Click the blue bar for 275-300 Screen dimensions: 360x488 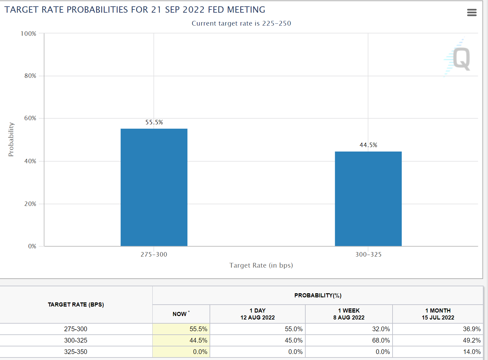point(154,187)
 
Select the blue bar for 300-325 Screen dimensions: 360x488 point(368,199)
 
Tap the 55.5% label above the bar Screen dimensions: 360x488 point(154,122)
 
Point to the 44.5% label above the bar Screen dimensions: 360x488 point(368,145)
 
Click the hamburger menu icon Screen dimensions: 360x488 point(472,13)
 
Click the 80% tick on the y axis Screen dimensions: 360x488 point(30,76)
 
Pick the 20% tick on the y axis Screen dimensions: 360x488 point(30,204)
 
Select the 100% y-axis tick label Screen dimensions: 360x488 point(28,34)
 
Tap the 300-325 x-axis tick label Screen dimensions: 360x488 point(368,255)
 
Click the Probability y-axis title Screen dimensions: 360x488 point(11,140)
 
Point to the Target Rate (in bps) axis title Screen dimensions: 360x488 point(261,265)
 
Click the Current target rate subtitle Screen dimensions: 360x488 point(241,23)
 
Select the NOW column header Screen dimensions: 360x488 point(180,314)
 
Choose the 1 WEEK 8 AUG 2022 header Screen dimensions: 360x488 point(349,314)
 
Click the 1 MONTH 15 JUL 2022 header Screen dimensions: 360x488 point(438,314)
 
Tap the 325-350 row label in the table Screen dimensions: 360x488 point(76,352)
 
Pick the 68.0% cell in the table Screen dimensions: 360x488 point(381,340)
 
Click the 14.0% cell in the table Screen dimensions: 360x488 point(472,352)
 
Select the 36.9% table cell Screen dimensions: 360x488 point(472,329)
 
